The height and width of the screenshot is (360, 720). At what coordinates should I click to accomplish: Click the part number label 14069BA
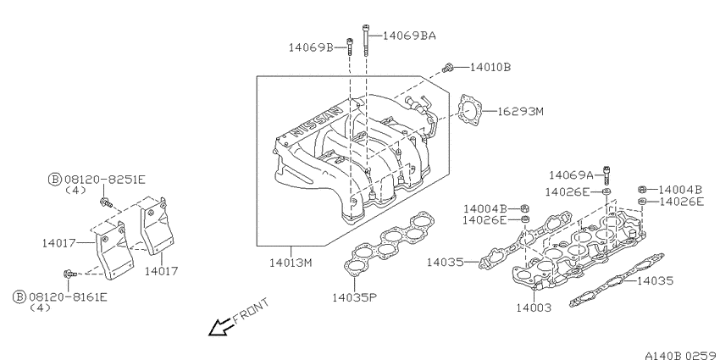coord(408,36)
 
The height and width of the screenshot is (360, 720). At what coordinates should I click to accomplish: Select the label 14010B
coord(490,67)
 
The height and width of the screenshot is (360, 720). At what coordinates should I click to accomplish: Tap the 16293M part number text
coord(520,111)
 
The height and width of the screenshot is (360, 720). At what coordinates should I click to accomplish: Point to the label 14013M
coord(291,263)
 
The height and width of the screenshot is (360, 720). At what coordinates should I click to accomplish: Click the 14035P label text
coord(354,297)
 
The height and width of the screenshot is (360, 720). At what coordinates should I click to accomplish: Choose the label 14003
coord(533,307)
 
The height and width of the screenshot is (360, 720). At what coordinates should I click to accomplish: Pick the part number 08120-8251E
coord(104,179)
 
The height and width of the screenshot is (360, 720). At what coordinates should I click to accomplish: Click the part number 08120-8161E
coord(67,297)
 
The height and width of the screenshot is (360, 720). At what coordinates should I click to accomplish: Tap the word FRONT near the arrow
coord(250,311)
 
